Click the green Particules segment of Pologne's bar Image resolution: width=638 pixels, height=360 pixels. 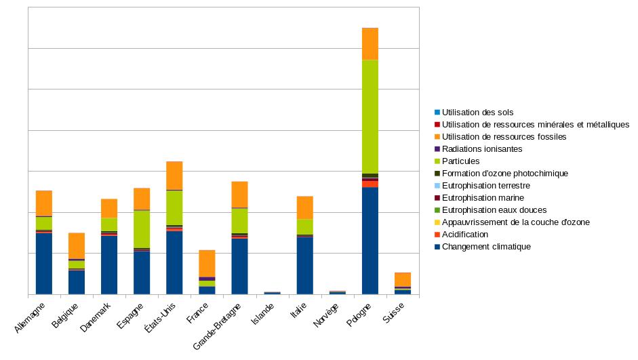[x=370, y=117]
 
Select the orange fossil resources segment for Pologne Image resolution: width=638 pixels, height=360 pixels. [x=370, y=44]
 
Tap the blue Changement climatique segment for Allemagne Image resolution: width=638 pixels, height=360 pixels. [x=44, y=263]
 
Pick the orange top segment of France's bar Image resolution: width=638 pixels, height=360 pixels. [x=207, y=263]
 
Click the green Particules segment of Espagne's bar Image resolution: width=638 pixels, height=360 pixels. [x=142, y=229]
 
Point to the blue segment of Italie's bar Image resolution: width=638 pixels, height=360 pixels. [x=304, y=265]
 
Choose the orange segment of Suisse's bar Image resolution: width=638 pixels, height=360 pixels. [x=403, y=279]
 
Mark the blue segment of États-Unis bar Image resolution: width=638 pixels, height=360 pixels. [x=174, y=262]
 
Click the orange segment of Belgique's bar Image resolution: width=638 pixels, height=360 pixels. [x=77, y=245]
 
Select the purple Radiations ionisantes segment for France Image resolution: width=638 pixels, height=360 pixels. [x=207, y=279]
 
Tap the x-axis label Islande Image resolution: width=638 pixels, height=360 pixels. [x=263, y=315]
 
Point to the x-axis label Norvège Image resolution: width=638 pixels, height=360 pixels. [x=326, y=316]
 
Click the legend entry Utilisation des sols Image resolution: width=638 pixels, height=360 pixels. [x=477, y=113]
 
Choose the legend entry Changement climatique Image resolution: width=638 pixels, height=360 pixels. [x=486, y=247]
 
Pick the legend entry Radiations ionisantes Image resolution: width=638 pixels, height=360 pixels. [x=482, y=149]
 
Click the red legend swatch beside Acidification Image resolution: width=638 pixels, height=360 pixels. [x=437, y=235]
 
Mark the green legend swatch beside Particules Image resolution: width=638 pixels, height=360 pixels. [x=437, y=161]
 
